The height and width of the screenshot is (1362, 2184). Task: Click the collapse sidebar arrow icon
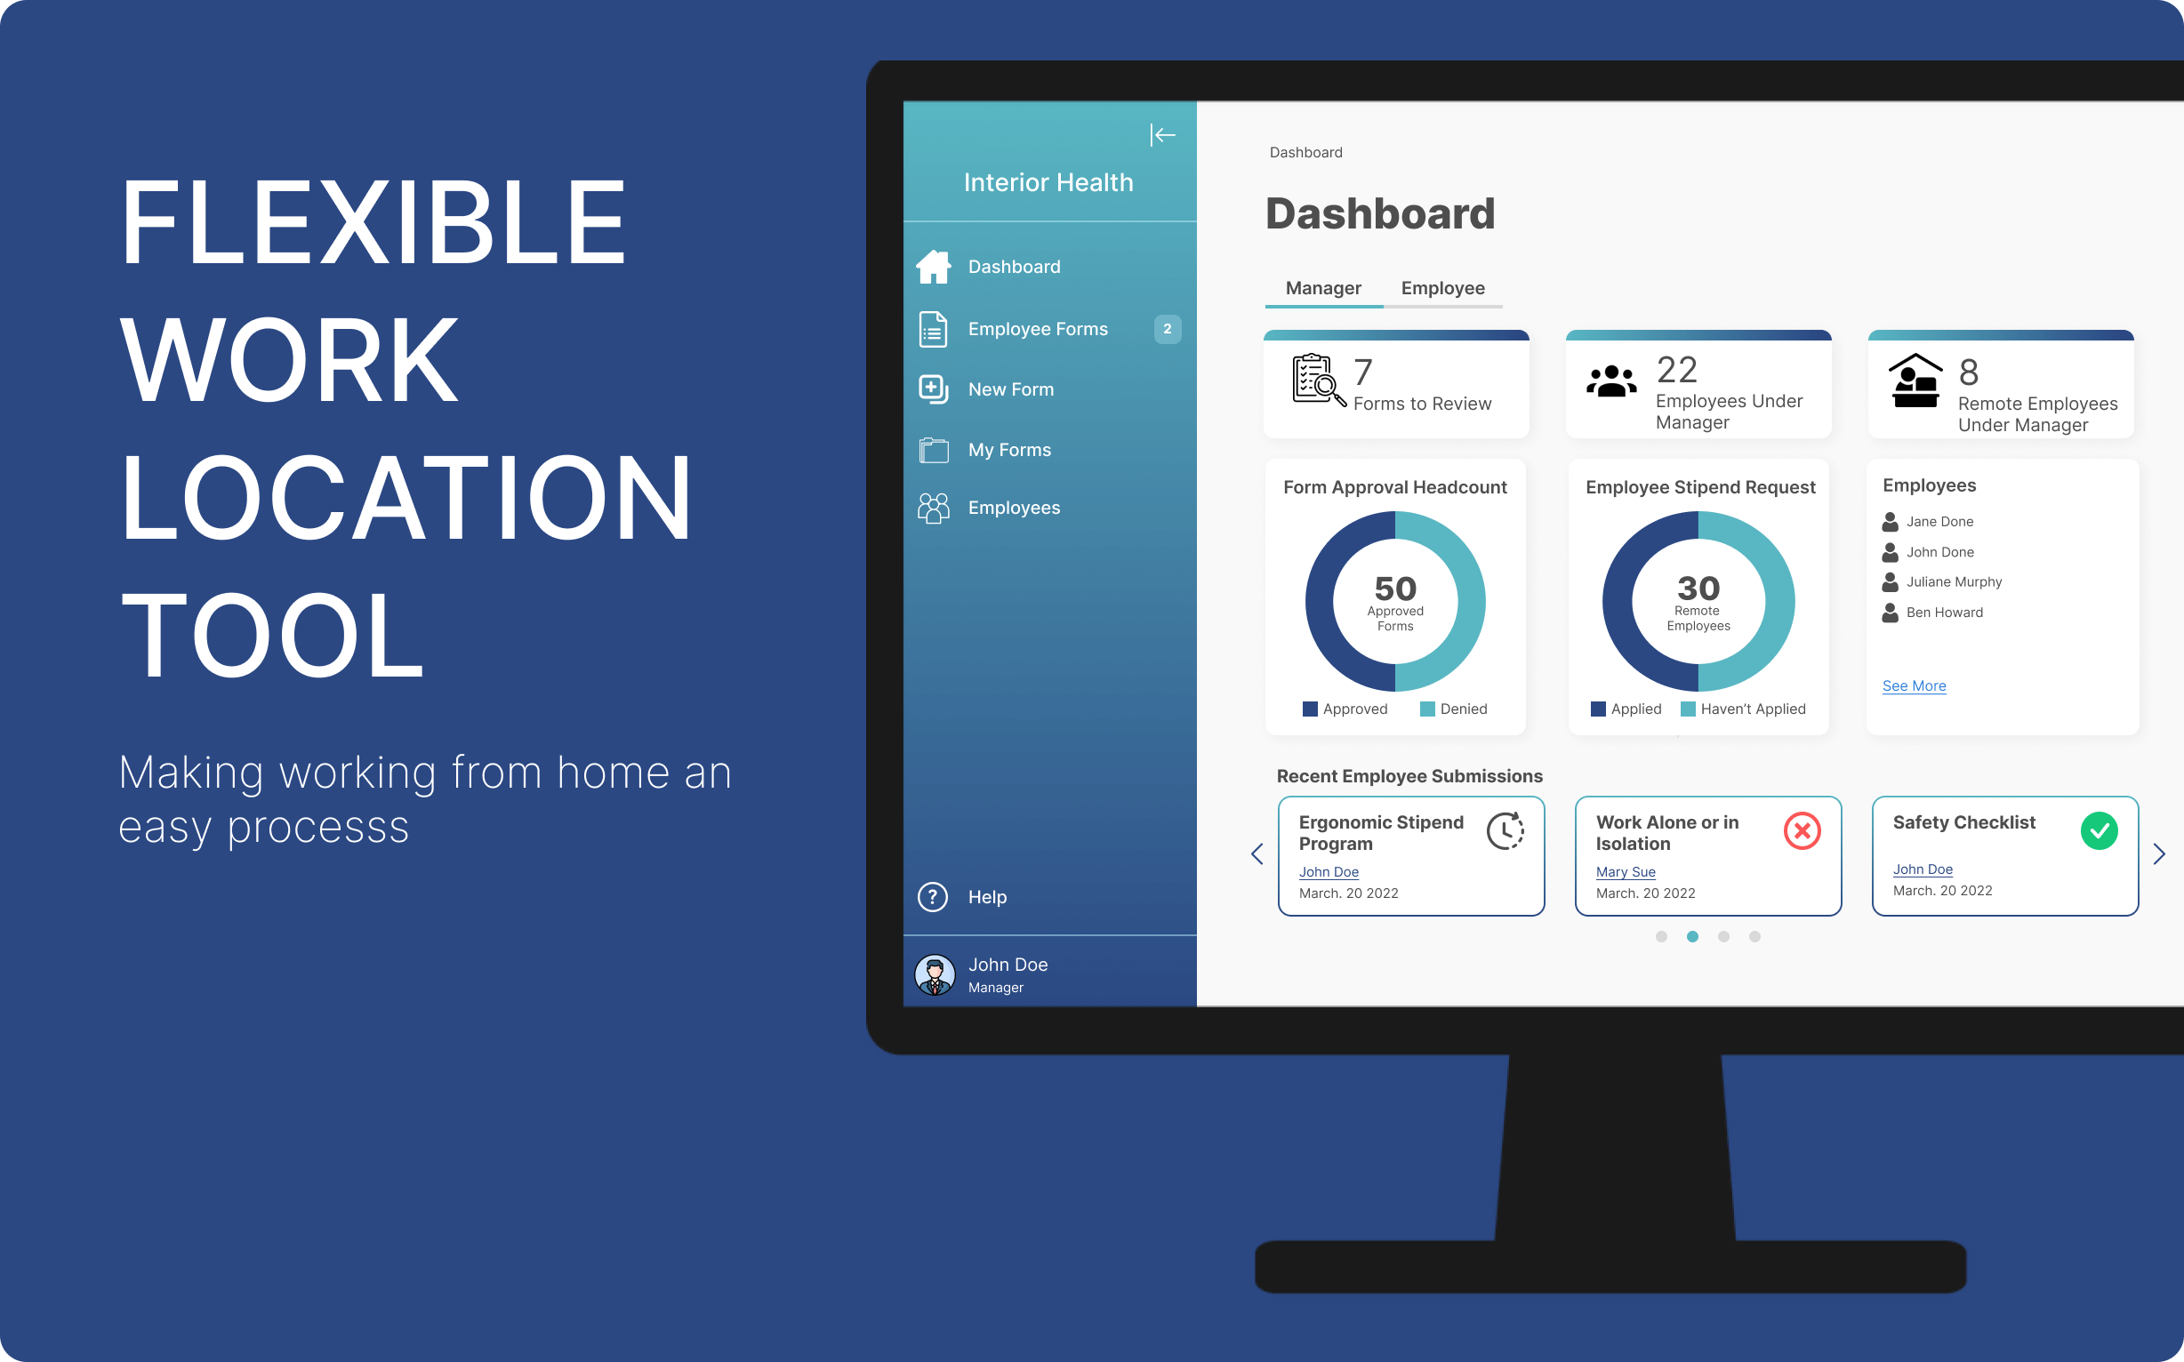[1162, 135]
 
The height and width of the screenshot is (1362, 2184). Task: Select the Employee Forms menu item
[1037, 329]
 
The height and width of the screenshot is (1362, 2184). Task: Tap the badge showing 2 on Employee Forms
[1167, 329]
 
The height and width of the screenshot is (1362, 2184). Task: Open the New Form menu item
[1010, 389]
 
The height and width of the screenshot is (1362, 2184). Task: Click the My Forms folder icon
[934, 450]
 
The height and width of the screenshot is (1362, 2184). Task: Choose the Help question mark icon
[933, 896]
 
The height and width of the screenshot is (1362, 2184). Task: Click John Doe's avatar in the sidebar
[935, 974]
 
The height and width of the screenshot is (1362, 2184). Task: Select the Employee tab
[1442, 288]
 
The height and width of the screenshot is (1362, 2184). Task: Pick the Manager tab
[1322, 288]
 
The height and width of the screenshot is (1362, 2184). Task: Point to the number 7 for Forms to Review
[1363, 372]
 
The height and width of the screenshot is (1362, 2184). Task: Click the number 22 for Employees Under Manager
[1677, 369]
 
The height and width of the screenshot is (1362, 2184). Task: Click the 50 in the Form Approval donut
[1395, 589]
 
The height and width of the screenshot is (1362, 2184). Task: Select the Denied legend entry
[1453, 709]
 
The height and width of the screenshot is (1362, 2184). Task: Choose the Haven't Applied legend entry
[1744, 709]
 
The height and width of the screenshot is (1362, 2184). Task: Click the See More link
[1914, 686]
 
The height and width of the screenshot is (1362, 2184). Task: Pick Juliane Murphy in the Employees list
[1954, 582]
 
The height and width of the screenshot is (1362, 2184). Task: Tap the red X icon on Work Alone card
[1802, 830]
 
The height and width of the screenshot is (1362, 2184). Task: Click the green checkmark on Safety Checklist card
[2099, 830]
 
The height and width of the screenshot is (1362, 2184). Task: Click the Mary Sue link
[1626, 872]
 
